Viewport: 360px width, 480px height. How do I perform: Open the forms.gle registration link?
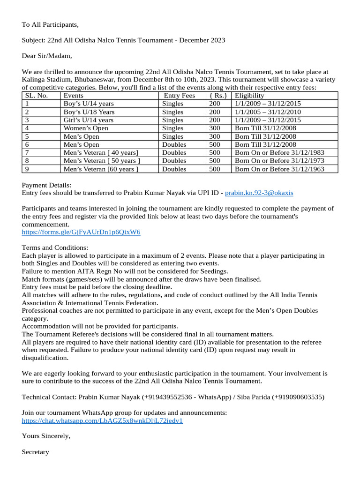pyautogui.click(x=81, y=232)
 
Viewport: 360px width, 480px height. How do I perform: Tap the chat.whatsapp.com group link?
pyautogui.click(x=102, y=420)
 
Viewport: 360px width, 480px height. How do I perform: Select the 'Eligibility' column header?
pyautogui.click(x=249, y=96)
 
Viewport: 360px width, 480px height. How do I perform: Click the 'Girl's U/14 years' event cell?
pyautogui.click(x=88, y=120)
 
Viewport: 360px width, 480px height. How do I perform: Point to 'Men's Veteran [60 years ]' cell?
pyautogui.click(x=101, y=169)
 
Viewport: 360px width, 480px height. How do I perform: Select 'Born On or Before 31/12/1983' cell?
pyautogui.click(x=279, y=153)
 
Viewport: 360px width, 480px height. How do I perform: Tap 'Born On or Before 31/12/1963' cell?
pyautogui.click(x=279, y=169)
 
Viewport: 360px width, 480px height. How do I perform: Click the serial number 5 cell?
pyautogui.click(x=27, y=136)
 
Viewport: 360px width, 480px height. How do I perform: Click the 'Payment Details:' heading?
pyautogui.click(x=47, y=185)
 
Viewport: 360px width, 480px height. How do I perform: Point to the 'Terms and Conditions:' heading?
pyautogui.click(x=55, y=247)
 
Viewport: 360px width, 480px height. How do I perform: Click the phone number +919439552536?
pyautogui.click(x=165, y=397)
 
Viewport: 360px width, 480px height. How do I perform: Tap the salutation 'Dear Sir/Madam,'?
pyautogui.click(x=47, y=56)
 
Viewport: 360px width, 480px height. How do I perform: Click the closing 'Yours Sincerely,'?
pyautogui.click(x=46, y=436)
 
